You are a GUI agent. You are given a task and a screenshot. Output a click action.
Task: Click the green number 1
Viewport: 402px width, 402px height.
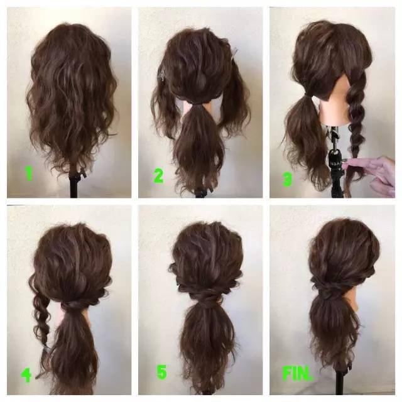coord(29,173)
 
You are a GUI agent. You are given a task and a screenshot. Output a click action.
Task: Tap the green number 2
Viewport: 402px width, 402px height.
coord(159,176)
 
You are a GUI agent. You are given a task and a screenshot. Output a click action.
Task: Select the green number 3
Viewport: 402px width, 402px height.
coord(286,178)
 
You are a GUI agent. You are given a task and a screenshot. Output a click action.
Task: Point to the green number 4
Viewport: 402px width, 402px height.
coord(26,375)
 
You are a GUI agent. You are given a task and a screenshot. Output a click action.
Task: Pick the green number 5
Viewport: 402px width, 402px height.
coord(161,372)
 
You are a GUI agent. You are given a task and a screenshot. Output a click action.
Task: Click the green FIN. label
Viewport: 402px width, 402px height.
coord(297,373)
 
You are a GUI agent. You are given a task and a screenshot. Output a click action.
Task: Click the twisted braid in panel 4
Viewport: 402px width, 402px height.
coord(41,318)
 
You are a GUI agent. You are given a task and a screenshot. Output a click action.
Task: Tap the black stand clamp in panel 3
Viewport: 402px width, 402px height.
coord(335,160)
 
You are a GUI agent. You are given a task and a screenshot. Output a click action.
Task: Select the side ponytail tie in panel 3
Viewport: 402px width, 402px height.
coord(306,96)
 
